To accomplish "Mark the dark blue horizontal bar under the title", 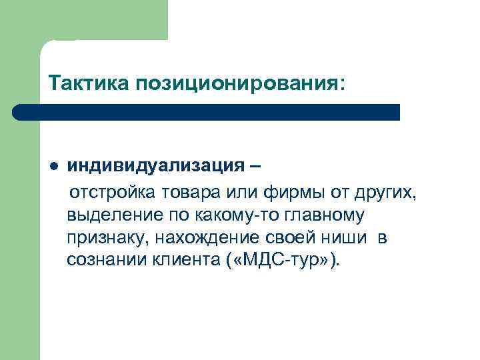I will tap(207, 111).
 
